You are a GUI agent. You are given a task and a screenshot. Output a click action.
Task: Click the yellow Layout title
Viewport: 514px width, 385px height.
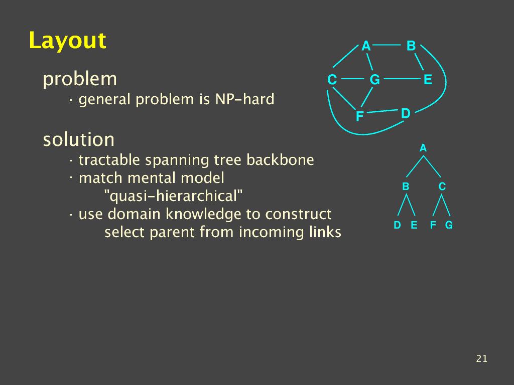coord(68,41)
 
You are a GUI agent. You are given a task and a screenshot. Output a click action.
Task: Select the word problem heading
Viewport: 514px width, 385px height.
coord(80,80)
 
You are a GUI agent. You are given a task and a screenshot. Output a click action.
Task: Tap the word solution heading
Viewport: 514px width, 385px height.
coord(79,139)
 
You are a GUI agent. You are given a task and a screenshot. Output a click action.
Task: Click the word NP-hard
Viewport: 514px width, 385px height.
coord(244,99)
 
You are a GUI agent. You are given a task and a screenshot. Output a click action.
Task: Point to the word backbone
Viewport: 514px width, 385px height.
coord(280,160)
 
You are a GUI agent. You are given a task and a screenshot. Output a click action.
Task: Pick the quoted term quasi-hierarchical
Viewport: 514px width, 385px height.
coord(173,196)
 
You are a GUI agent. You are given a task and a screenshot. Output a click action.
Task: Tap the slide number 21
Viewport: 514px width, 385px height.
coord(481,358)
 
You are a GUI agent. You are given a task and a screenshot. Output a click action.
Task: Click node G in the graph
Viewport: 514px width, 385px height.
coord(374,80)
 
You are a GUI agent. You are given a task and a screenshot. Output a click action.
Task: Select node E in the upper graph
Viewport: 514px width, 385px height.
coord(428,80)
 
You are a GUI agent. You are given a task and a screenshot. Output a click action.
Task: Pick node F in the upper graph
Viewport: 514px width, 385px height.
coord(359,116)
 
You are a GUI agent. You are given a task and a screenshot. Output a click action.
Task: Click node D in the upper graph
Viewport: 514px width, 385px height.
coord(406,113)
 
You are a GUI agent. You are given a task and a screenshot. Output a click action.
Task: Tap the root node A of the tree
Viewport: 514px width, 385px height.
coord(423,148)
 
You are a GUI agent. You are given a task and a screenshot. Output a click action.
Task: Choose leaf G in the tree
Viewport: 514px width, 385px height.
coord(449,225)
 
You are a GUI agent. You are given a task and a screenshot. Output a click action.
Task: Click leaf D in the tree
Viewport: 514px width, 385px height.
coord(397,225)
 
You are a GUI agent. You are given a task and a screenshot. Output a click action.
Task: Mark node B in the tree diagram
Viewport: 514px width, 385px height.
coord(406,186)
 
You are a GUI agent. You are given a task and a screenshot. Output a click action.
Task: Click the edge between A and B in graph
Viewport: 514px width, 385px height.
coord(387,45)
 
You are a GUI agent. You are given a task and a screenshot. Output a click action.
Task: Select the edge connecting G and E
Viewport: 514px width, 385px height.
coord(402,79)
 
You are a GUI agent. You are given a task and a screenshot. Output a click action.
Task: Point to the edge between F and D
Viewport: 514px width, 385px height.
coord(382,111)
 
